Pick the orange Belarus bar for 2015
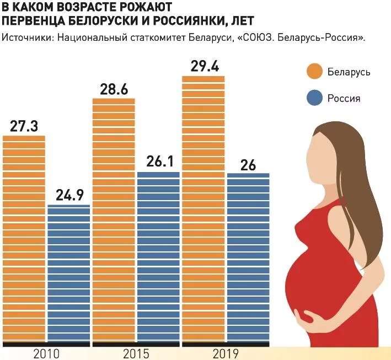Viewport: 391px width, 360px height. click(114, 221)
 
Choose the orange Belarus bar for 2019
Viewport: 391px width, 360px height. click(203, 209)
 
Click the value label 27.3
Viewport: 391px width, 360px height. click(24, 126)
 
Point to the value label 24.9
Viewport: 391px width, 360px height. click(69, 195)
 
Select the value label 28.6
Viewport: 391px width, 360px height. click(114, 89)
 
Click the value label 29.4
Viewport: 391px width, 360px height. click(203, 67)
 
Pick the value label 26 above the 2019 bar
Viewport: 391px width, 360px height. click(248, 164)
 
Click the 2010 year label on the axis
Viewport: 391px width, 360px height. click(46, 353)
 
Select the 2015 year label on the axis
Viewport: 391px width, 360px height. click(136, 353)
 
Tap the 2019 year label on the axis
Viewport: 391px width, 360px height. click(226, 353)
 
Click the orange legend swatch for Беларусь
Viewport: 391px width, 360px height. click(314, 72)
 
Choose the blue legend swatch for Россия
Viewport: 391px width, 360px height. click(314, 98)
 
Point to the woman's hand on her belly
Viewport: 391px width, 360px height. click(312, 316)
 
